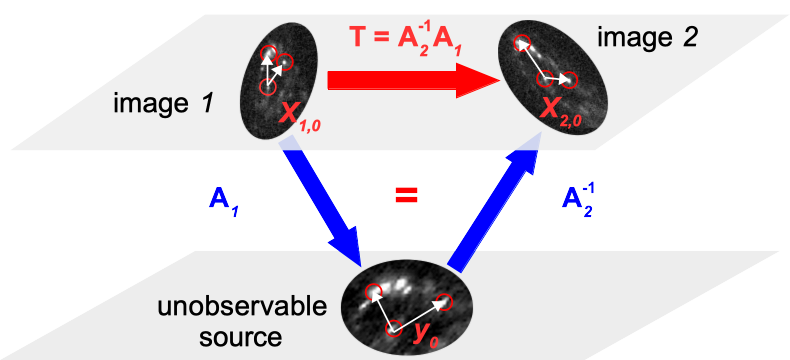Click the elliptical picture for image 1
[x=278, y=81]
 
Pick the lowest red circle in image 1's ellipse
[x=267, y=86]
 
